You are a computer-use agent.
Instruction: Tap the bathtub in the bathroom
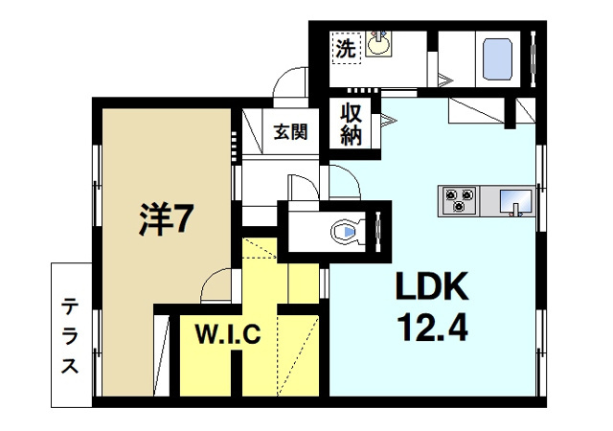496,59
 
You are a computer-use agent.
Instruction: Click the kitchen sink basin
514,200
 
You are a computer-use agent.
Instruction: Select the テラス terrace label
71,335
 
